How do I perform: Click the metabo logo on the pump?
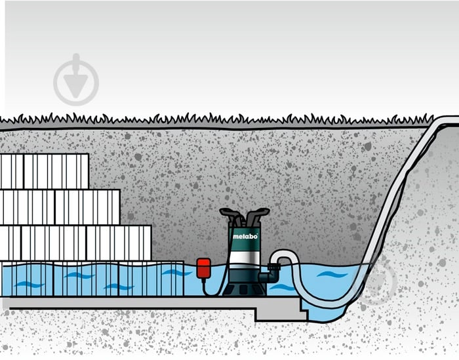[245, 236]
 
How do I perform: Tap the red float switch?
[203, 268]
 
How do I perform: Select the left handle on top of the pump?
[231, 215]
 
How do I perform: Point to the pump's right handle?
[257, 215]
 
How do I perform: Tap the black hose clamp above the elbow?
[274, 267]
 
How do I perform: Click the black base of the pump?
[245, 289]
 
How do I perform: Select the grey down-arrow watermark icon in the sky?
[76, 79]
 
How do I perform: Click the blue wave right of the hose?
[332, 275]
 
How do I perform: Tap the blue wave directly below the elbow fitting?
[282, 287]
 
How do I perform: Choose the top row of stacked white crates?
[45, 171]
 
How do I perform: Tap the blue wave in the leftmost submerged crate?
[30, 284]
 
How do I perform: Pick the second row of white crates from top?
[60, 207]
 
